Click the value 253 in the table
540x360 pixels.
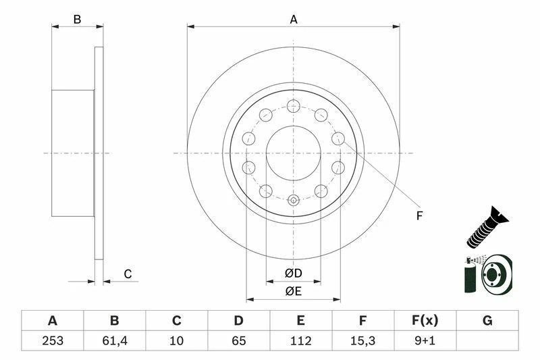point(52,340)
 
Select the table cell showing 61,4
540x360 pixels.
point(114,340)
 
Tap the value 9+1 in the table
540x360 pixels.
point(425,340)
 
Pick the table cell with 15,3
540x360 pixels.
point(363,340)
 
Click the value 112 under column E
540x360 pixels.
point(301,340)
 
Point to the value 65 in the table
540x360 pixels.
point(239,340)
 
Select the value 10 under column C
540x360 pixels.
point(177,340)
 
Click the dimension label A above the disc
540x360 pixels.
point(294,20)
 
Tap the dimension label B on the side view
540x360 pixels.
point(77,20)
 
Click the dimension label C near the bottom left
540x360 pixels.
point(127,274)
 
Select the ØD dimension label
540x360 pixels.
point(293,274)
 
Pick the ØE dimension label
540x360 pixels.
point(293,291)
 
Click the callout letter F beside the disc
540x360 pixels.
point(419,216)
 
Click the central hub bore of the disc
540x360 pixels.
point(293,153)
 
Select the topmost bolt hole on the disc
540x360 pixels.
point(293,105)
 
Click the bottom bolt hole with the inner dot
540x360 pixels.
point(293,200)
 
